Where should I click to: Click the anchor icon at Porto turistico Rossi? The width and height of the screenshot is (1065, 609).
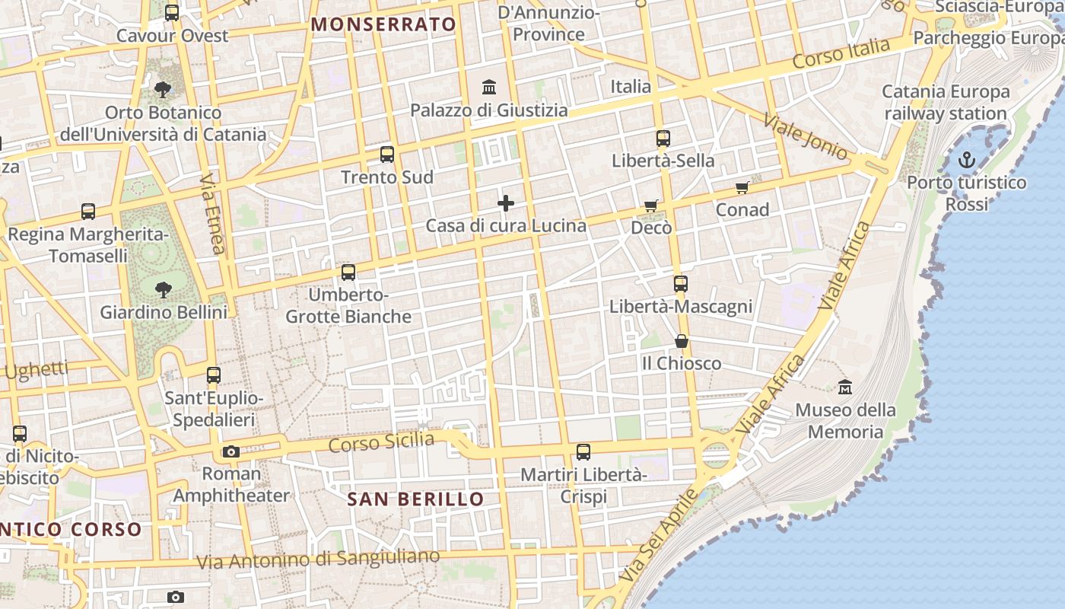[x=966, y=160]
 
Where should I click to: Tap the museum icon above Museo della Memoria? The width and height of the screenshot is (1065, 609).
[x=844, y=387]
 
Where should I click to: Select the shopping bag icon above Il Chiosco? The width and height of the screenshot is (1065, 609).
[x=682, y=341]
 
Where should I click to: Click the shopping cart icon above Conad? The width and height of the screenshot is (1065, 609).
[x=742, y=187]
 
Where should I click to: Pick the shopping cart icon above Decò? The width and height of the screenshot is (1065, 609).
[x=650, y=205]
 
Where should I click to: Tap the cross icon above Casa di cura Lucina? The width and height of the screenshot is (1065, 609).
[x=505, y=203]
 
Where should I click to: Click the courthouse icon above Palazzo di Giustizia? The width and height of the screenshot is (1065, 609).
[x=489, y=88]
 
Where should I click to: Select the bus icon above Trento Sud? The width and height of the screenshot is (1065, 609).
[x=386, y=155]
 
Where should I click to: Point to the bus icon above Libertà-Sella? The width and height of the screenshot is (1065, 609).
[x=663, y=139]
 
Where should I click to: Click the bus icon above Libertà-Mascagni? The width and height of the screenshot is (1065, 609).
[x=680, y=284]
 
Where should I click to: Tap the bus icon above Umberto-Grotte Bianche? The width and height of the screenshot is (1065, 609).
[x=348, y=272]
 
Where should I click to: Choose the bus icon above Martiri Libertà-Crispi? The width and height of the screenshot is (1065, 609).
[x=583, y=452]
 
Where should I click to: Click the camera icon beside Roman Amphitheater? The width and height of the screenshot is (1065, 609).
[x=231, y=451]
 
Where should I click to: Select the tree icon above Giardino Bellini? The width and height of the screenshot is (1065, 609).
[x=163, y=289]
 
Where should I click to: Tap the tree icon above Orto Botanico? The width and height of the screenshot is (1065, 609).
[x=162, y=90]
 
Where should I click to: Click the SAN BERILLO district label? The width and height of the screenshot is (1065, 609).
[x=415, y=499]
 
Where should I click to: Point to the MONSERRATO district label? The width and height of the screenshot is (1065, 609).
[x=383, y=24]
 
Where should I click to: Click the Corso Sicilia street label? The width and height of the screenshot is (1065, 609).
[x=381, y=442]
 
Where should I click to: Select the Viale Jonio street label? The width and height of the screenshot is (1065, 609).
[x=805, y=137]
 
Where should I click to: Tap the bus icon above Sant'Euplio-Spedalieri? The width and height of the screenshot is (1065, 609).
[x=214, y=375]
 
